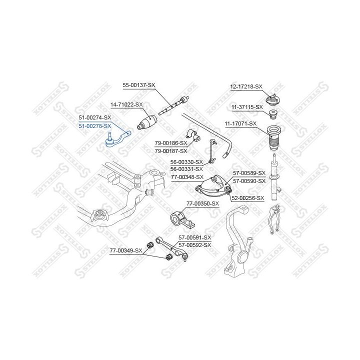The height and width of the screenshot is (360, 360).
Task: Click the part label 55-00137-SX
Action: point(138,85)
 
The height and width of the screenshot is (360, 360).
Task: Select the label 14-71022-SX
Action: point(126,104)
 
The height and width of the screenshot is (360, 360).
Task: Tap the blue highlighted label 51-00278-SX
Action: point(94,126)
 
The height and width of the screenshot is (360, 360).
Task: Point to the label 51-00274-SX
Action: point(94,117)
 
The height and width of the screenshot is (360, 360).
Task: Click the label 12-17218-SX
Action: point(246,86)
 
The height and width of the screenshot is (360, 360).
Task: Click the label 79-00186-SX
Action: point(170,143)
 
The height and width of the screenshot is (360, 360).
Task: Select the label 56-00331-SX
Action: point(186,169)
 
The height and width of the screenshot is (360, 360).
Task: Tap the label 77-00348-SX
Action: point(187,176)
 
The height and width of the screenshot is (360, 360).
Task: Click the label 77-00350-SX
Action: point(202,203)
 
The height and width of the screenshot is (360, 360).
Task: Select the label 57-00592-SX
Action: point(195,245)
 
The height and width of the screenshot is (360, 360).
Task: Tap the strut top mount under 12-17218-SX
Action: point(273,98)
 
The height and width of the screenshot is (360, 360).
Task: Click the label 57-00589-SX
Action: point(249,173)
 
